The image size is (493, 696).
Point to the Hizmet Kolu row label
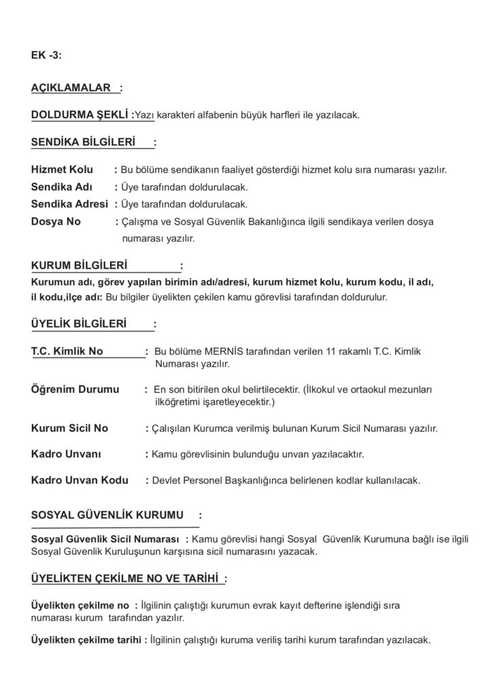[62, 169]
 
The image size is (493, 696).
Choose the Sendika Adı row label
[61, 186]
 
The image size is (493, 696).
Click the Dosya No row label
[56, 221]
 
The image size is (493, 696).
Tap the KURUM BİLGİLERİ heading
[79, 265]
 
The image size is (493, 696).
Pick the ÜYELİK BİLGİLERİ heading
[79, 325]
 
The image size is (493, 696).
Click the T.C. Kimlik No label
[67, 352]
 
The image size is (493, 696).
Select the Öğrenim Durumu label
[75, 390]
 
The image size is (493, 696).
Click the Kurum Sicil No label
[69, 429]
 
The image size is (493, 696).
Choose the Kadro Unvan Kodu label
[80, 480]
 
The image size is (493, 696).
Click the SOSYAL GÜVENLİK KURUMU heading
[107, 516]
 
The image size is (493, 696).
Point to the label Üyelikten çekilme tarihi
[86, 641]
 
